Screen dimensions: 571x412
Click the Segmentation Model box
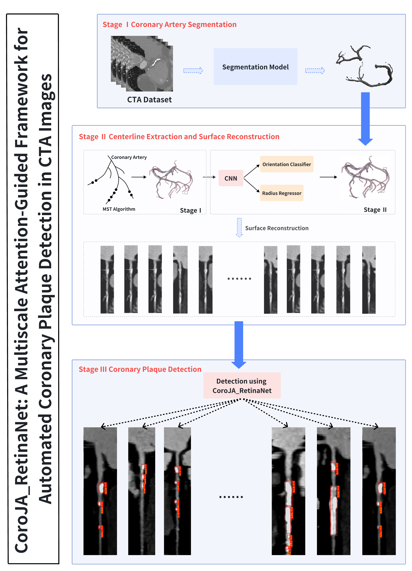[x=255, y=67]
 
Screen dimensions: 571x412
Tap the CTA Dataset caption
[x=149, y=100]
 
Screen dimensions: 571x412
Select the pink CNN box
[x=231, y=178]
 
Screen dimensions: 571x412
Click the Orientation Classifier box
[x=287, y=164]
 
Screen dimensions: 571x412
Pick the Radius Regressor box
[x=282, y=193]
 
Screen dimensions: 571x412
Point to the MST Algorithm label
[x=119, y=209]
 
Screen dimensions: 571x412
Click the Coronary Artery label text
[x=129, y=157]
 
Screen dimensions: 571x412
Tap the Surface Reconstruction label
[x=277, y=228]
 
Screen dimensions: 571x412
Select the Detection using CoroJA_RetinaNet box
[x=242, y=385]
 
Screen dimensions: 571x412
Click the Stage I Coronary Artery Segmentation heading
[x=169, y=24]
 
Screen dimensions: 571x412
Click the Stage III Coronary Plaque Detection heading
[x=140, y=369]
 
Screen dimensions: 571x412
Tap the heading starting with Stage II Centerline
[x=179, y=137]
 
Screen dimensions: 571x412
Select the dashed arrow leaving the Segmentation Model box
[x=315, y=70]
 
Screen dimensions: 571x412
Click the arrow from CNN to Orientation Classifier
[x=252, y=171]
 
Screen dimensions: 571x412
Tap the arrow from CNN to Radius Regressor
[x=252, y=186]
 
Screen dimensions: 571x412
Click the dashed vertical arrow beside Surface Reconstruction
[x=239, y=228]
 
